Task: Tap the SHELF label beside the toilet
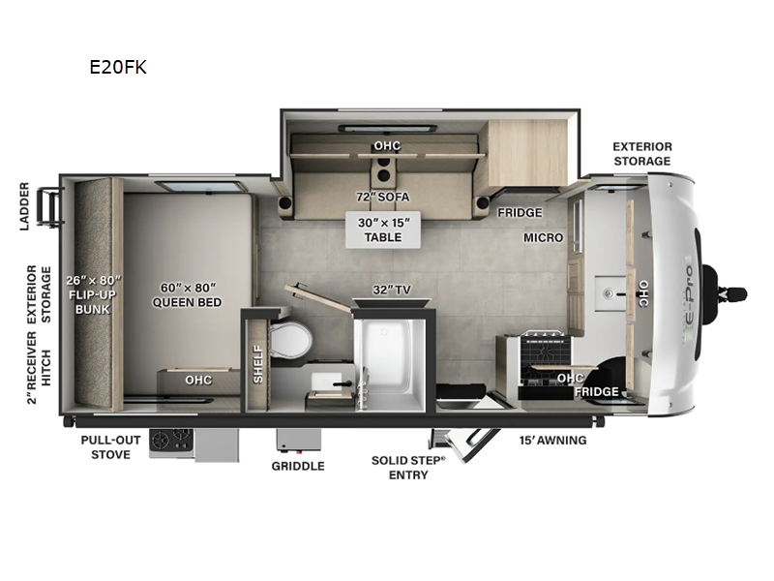coord(257,364)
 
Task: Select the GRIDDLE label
coord(298,466)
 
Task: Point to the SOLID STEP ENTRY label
coord(408,467)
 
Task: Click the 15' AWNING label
coord(552,440)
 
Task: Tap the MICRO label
coord(543,237)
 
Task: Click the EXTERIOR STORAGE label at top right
coord(641,154)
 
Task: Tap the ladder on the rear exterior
coord(48,203)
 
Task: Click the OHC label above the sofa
coord(387,146)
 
